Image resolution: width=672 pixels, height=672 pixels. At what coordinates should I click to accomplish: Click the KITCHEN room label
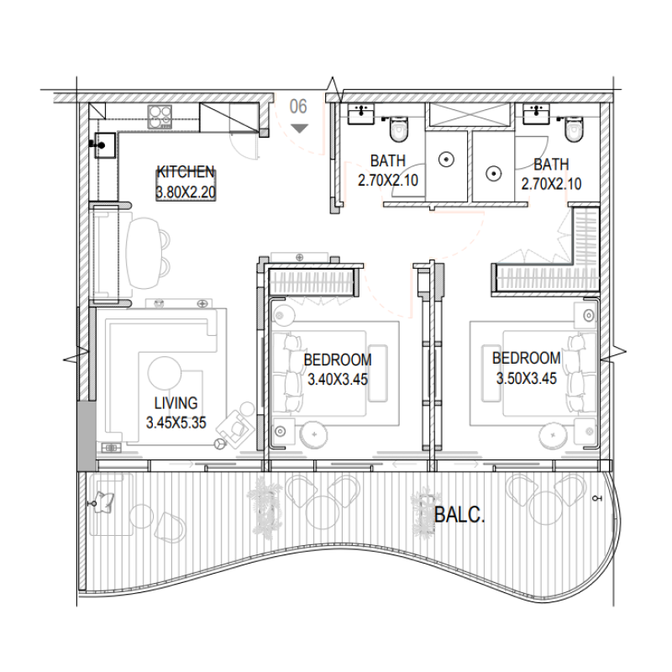(186, 171)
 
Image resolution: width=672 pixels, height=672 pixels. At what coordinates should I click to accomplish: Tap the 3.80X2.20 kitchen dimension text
(186, 192)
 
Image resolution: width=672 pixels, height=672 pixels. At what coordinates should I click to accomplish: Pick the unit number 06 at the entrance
(298, 107)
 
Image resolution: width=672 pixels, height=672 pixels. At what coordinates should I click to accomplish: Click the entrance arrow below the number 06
(299, 128)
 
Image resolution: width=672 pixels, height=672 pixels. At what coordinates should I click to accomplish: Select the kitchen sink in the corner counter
(104, 144)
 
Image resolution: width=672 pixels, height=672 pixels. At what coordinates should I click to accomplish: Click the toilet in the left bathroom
(397, 129)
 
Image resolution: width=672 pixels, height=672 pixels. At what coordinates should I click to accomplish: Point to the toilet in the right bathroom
(575, 129)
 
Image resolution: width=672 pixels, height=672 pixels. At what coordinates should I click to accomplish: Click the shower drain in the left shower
(448, 158)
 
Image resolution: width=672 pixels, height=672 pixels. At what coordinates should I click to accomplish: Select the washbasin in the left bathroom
(362, 114)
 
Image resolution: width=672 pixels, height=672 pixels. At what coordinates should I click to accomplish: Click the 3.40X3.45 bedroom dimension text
(338, 380)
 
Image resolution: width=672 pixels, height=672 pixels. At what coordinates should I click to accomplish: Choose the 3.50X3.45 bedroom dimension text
(526, 378)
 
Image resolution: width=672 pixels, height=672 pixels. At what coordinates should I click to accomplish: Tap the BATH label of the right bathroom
(550, 165)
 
